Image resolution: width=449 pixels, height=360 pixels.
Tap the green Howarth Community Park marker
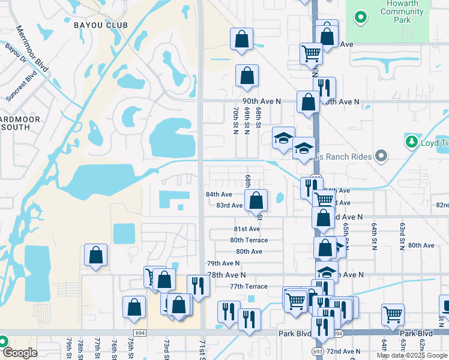coord(361,17)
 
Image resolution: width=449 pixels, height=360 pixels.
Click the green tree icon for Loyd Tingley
coord(412,142)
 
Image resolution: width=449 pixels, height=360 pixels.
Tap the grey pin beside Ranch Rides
coord(381,157)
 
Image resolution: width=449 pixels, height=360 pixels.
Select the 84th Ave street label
coord(218,194)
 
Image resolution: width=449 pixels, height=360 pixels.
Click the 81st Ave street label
coord(247,229)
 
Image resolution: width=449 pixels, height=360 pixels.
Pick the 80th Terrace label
coord(249,240)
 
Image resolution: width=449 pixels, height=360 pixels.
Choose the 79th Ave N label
coord(223,263)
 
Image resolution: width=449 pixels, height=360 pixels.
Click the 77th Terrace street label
coord(247,286)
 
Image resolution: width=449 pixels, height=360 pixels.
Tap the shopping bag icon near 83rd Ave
coord(256,200)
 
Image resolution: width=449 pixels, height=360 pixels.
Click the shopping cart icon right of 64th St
coord(393,313)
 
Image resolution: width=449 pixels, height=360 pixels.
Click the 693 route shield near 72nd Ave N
coord(317,350)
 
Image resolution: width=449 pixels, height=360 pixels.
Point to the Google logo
coord(20,353)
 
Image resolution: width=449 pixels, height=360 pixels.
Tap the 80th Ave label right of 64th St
coord(421,245)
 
